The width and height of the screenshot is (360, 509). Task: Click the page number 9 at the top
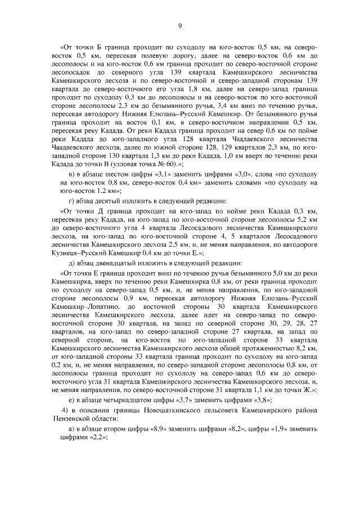pyautogui.click(x=180, y=25)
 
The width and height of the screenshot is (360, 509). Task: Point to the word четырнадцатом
pyautogui.click(x=124, y=399)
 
